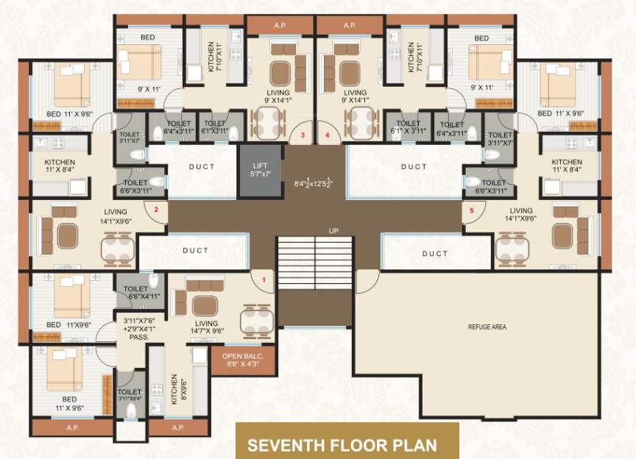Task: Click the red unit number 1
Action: tap(265, 280)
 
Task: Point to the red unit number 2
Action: tap(156, 210)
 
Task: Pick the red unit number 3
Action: tap(302, 136)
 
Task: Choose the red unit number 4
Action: tap(328, 136)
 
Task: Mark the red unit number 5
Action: tap(472, 210)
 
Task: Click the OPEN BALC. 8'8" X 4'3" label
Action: tap(238, 359)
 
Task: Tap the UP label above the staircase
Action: tap(333, 232)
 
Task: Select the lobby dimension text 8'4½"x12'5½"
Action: tap(317, 183)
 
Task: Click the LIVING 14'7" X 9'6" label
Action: tap(206, 327)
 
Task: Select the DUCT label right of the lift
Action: tap(414, 167)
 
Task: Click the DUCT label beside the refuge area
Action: tap(434, 253)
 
